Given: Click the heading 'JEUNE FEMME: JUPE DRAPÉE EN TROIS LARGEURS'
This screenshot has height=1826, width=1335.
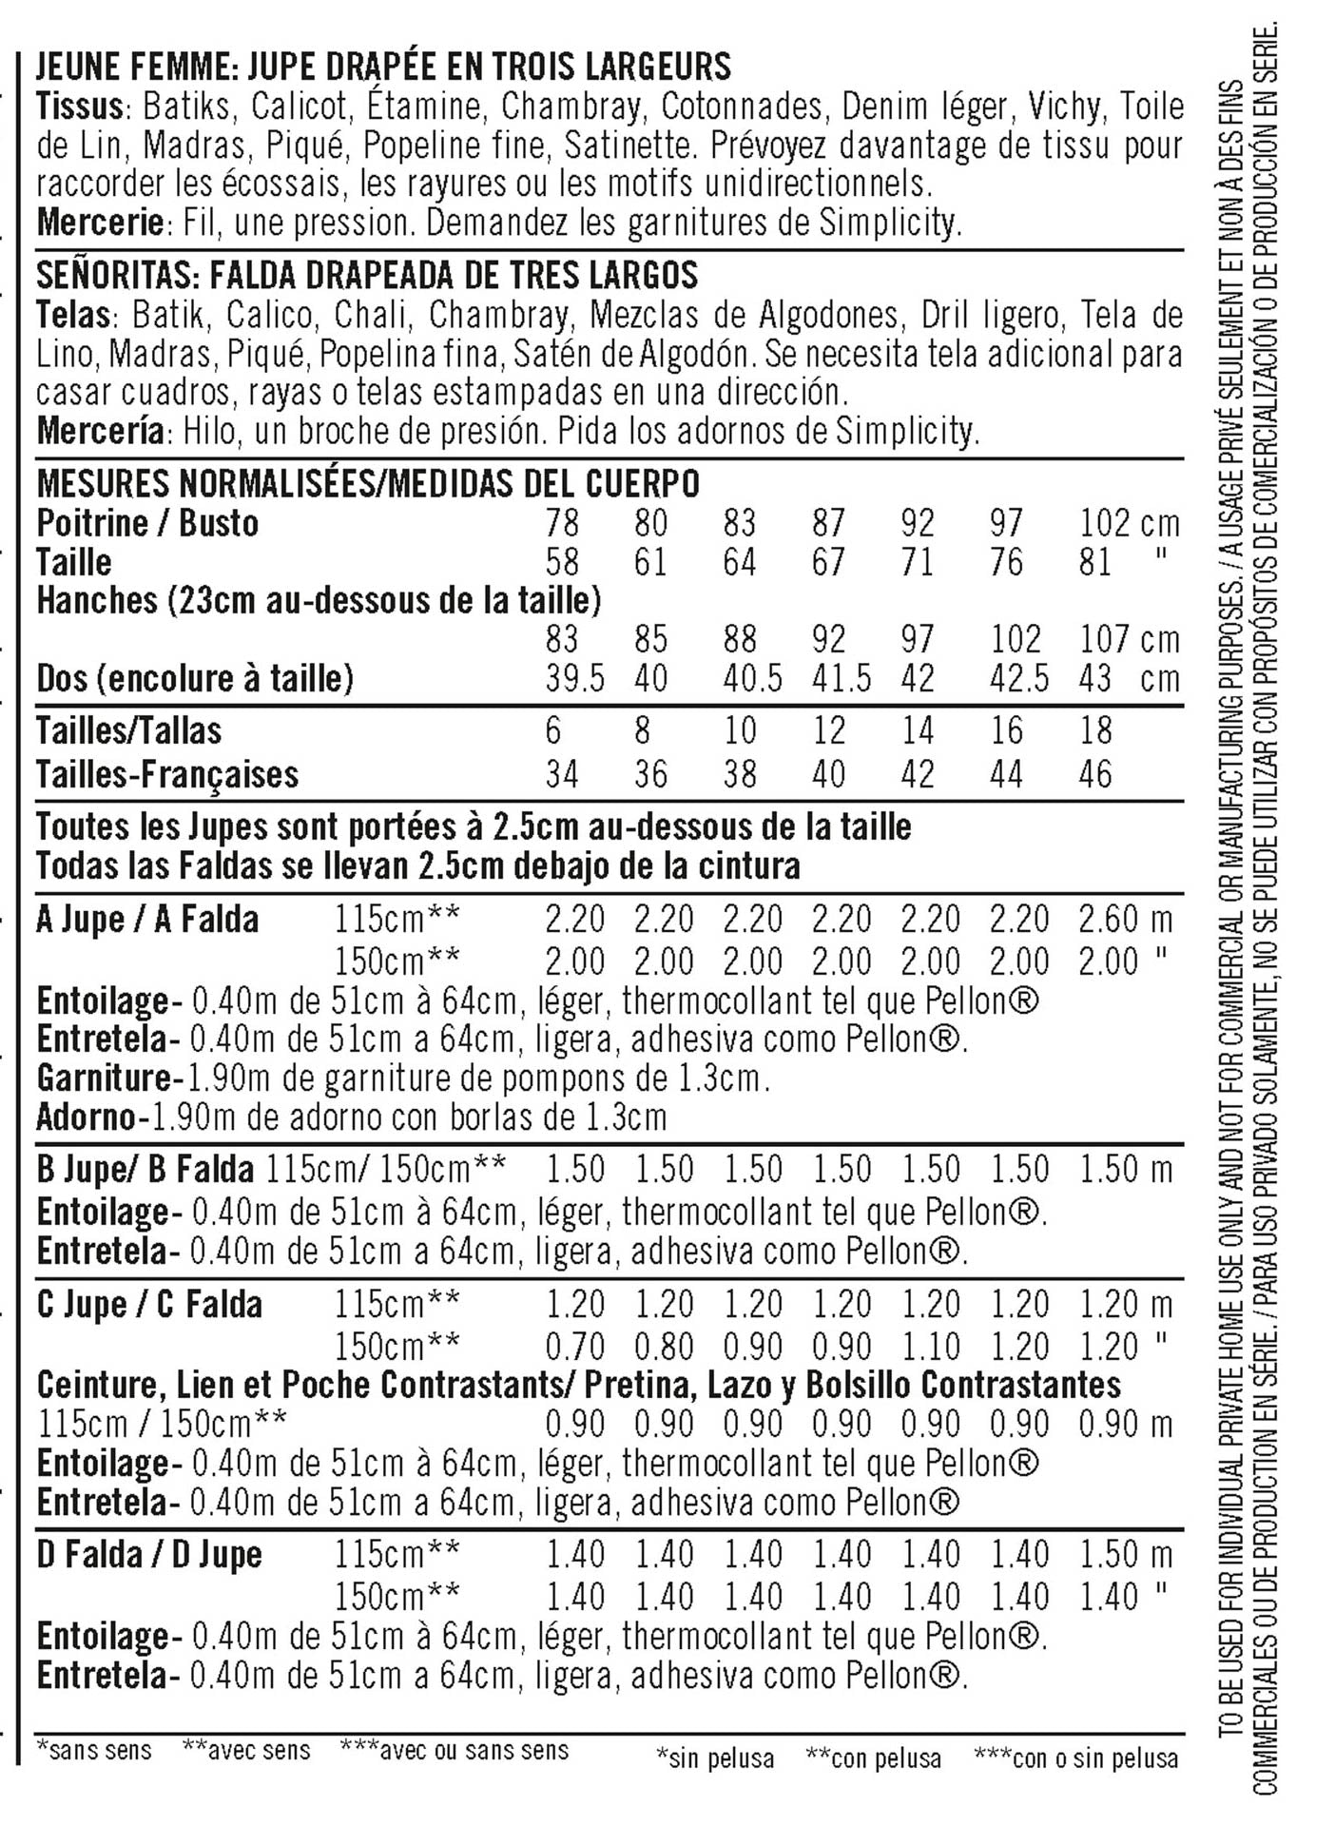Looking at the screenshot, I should (383, 67).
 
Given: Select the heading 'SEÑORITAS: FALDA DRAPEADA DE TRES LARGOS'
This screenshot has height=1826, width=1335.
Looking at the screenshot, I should (367, 275).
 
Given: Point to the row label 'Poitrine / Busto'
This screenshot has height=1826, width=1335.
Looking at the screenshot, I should (147, 523).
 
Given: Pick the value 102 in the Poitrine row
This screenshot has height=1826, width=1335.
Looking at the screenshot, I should (1105, 523).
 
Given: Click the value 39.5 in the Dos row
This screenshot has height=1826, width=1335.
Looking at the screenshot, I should (574, 679).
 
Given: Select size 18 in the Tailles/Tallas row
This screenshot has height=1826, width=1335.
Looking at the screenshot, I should (1095, 730).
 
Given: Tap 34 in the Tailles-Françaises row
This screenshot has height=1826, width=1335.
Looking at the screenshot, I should (562, 774).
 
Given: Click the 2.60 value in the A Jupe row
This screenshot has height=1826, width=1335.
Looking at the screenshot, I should (1109, 920).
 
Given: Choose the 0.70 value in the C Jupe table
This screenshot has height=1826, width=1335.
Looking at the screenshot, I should (574, 1347).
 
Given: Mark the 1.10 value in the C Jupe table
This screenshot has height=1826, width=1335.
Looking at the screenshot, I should (931, 1347).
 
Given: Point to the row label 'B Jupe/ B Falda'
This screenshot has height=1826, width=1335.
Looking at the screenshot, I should (145, 1169).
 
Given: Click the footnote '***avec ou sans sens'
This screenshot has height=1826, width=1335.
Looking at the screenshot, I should (455, 1750).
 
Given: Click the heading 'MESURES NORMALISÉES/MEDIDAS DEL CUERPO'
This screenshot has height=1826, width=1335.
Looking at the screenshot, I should (368, 484).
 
